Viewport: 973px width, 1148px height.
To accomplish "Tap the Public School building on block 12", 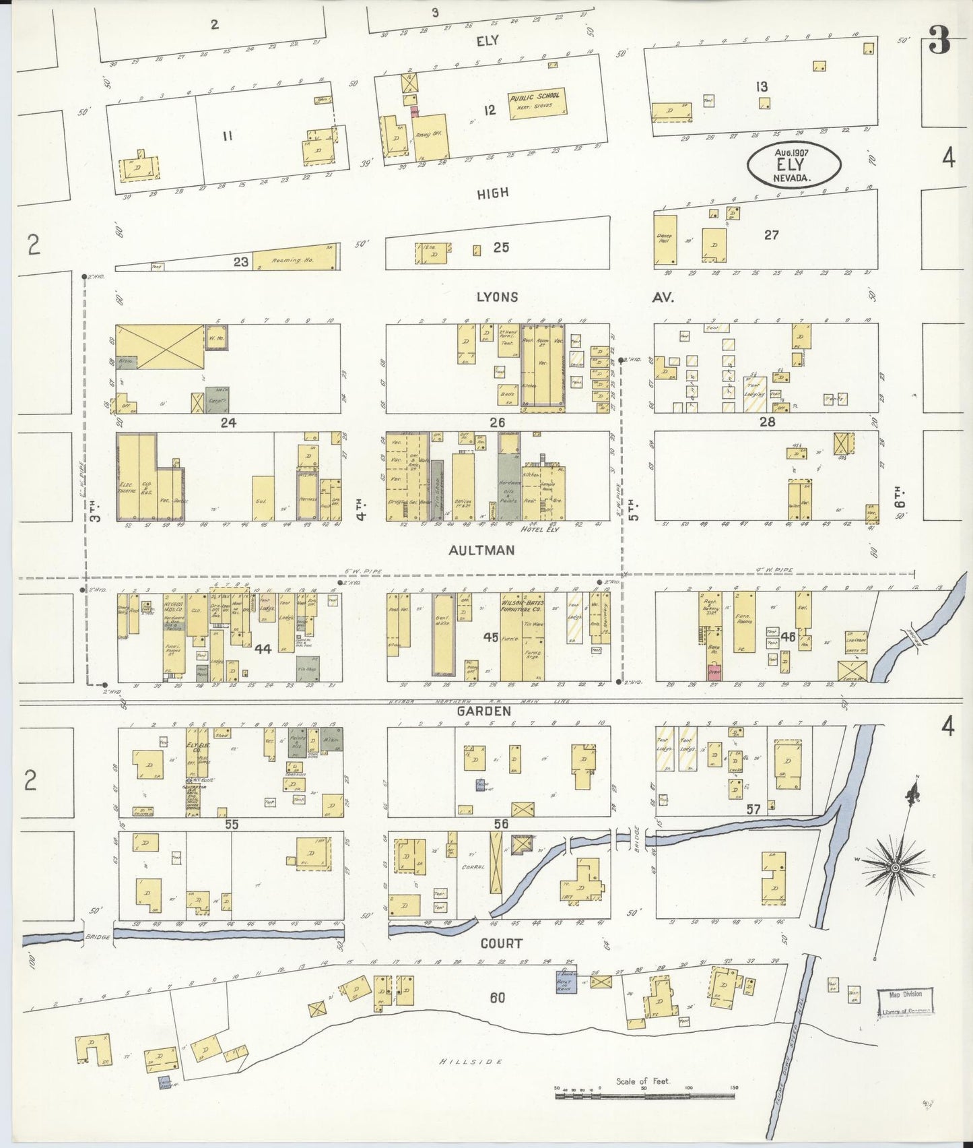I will [x=536, y=101].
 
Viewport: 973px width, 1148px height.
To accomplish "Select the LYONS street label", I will [x=497, y=297].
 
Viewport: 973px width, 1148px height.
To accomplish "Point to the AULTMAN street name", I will [x=481, y=550].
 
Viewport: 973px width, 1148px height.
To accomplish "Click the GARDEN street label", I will [x=483, y=711].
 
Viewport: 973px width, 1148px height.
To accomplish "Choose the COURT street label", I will [x=501, y=943].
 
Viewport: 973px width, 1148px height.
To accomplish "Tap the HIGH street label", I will [x=492, y=193].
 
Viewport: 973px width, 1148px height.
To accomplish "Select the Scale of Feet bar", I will [x=645, y=1096].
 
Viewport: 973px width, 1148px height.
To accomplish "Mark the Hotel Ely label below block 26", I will [x=540, y=530].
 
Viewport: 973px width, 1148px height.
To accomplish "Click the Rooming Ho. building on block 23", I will [x=294, y=259].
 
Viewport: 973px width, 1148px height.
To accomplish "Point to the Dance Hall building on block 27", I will [x=665, y=239].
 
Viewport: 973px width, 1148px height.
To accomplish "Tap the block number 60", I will [x=497, y=998].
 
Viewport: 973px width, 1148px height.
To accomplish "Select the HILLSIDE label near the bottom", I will [x=471, y=1061].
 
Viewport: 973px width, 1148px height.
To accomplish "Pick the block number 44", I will [x=262, y=649].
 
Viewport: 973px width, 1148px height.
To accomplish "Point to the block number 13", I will [x=762, y=86].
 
